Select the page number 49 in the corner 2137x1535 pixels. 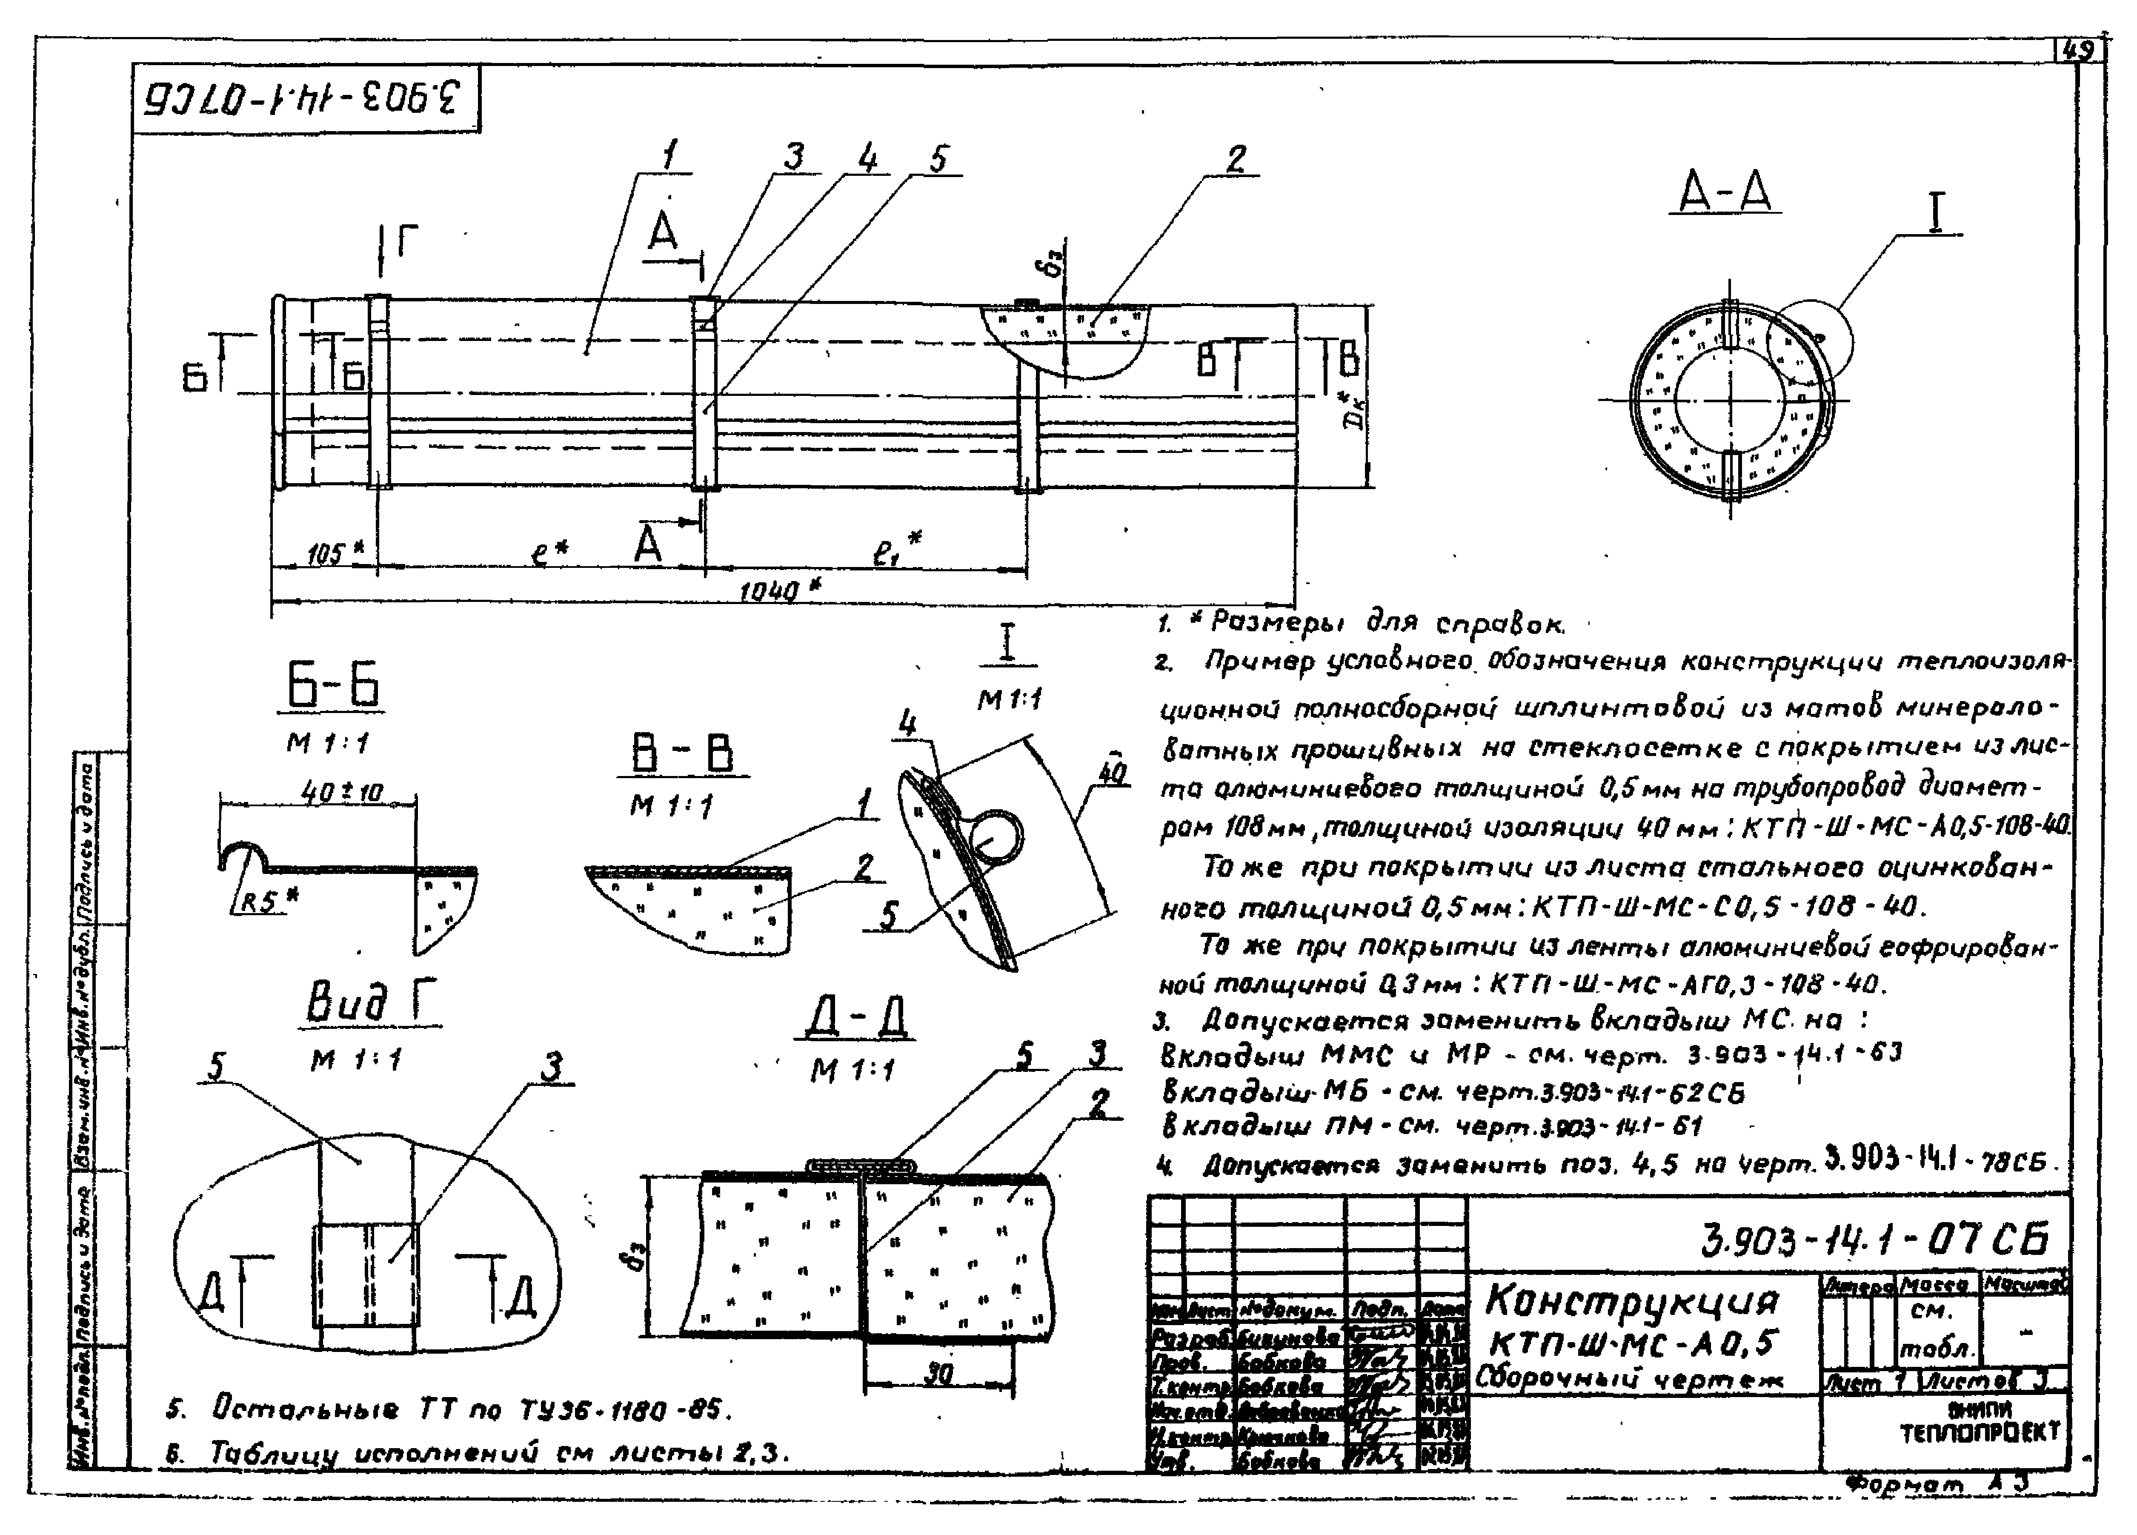tap(2076, 51)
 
